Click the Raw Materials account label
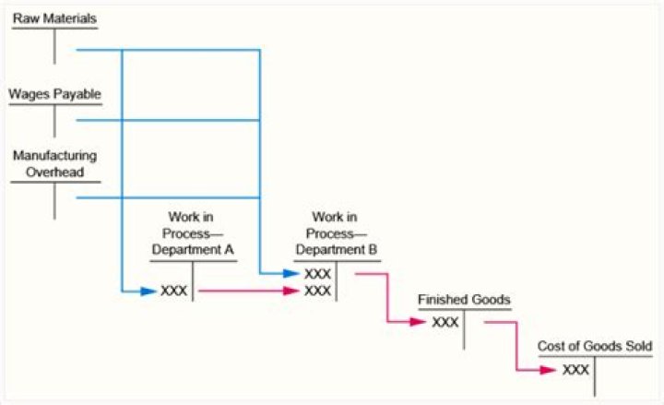(x=54, y=18)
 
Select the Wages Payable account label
(x=54, y=94)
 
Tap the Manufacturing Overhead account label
(x=54, y=163)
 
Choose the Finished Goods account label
(x=464, y=301)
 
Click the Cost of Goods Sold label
(x=595, y=346)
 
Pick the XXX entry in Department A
(x=174, y=291)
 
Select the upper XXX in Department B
(x=317, y=274)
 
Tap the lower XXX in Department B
(x=317, y=291)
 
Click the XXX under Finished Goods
(x=445, y=322)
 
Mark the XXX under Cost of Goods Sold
(x=575, y=369)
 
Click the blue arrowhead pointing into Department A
(x=148, y=291)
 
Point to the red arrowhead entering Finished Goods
(x=421, y=322)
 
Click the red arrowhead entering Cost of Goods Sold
(x=551, y=369)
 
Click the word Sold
(x=636, y=346)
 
